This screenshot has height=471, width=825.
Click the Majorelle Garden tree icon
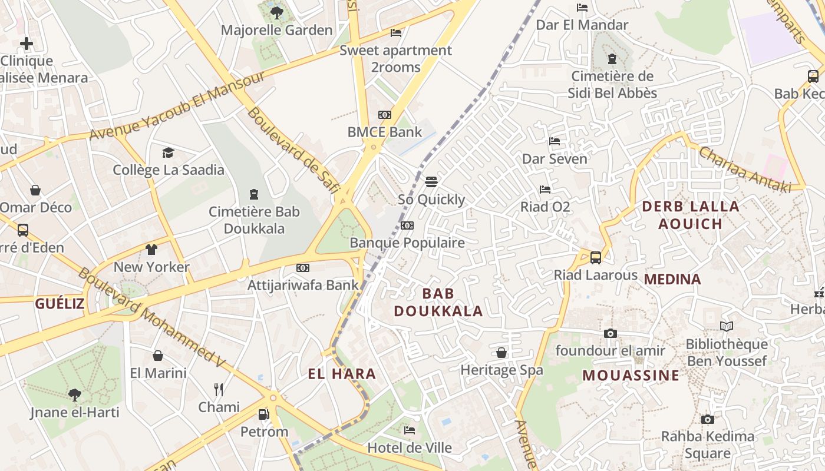point(276,12)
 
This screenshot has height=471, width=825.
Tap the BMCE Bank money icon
point(385,115)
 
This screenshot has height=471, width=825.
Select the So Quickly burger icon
point(432,181)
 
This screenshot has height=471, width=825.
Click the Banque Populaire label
point(407,243)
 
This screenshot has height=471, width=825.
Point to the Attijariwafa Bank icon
point(303,268)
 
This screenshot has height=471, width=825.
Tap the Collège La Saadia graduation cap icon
point(169,152)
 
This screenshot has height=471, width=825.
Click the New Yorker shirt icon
point(151,249)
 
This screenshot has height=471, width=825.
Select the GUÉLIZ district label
point(60,304)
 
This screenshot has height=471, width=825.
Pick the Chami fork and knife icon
point(219,389)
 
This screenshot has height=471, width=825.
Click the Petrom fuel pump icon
point(264,414)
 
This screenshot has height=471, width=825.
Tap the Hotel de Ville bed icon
point(410,430)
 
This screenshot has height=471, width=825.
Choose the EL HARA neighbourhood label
point(342,374)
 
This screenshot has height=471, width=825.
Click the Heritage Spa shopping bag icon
point(501,353)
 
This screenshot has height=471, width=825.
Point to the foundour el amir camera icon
point(610,333)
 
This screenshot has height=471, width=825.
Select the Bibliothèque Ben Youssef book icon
point(727,326)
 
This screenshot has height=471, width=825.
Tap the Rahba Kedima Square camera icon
point(707,419)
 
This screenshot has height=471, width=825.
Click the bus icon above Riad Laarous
point(596,257)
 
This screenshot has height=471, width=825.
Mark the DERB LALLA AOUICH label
point(690,215)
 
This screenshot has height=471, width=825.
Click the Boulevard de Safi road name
point(293,150)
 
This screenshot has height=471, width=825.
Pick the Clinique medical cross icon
point(26,44)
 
